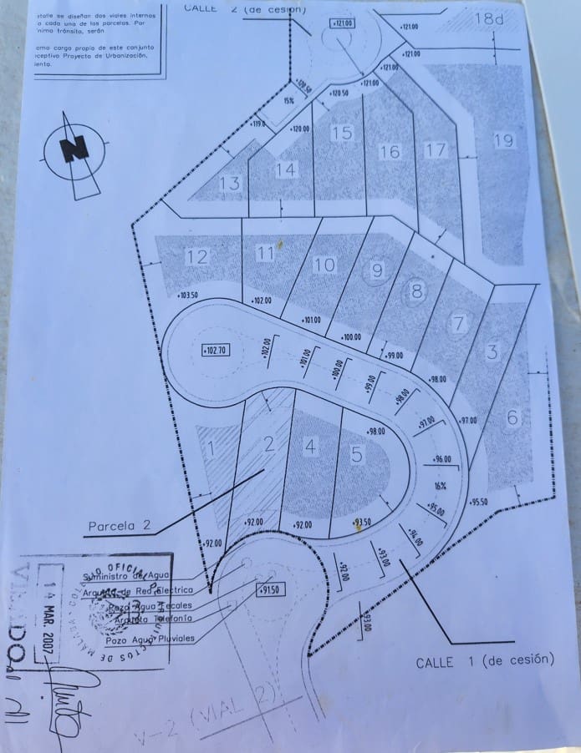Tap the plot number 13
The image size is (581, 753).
pos(229,184)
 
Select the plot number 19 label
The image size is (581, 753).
pos(503,140)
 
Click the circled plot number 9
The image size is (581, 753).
pos(377,270)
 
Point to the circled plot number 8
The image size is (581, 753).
pos(415,292)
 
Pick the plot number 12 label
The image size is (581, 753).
pos(197,256)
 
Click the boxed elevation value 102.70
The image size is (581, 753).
pos(215,351)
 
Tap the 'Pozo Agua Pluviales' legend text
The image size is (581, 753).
pos(150,639)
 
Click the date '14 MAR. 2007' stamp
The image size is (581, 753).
pos(56,605)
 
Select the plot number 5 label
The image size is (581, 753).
pos(357,455)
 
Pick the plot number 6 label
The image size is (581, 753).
pos(512,418)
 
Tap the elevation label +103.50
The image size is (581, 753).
pos(188,295)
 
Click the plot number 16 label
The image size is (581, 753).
pos(390,152)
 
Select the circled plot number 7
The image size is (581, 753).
pos(457,323)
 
